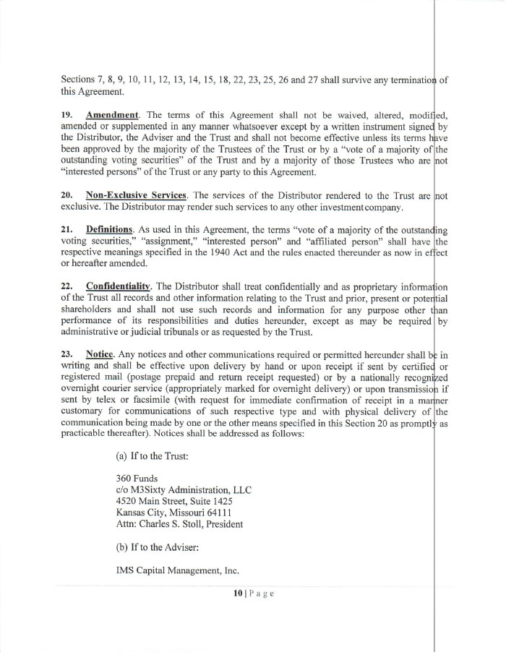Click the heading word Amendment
[112, 116]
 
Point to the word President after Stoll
[222, 523]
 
